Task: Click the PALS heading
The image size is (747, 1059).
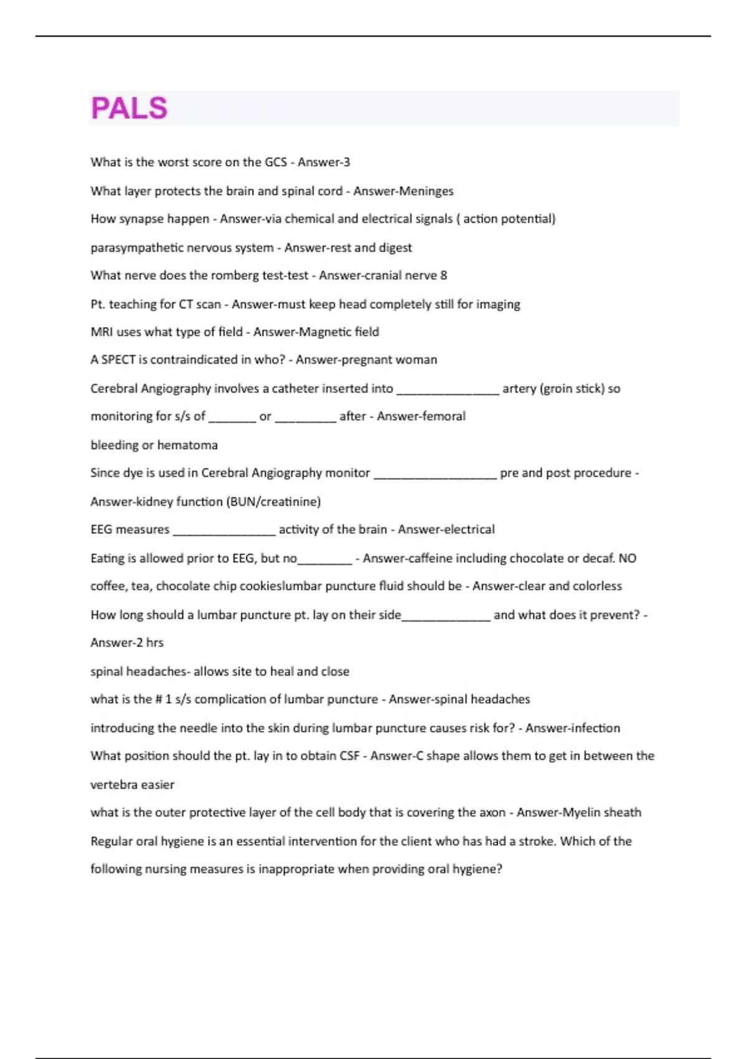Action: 129,108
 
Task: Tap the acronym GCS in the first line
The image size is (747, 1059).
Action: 275,163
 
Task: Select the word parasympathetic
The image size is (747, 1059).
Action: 129,248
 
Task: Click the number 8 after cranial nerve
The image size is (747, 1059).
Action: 443,275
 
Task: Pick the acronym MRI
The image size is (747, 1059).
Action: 101,332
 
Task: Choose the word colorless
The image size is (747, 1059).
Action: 597,586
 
